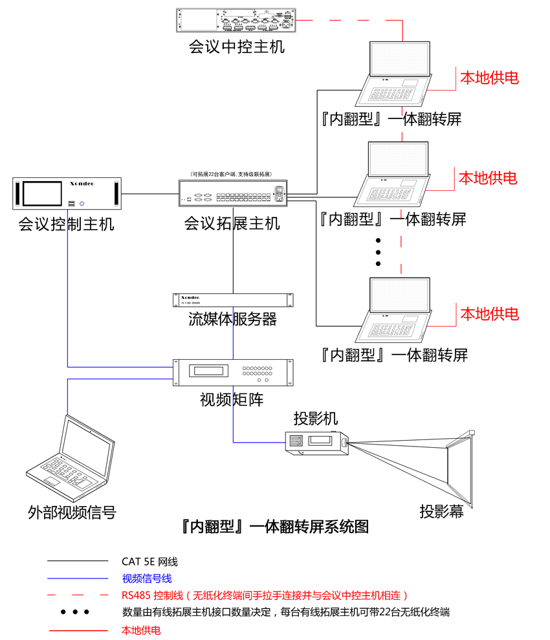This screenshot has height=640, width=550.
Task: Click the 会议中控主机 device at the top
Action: [236, 19]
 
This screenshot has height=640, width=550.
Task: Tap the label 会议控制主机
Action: [66, 225]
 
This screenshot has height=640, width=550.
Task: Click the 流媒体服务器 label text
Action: [232, 319]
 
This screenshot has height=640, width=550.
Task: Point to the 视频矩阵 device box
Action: [233, 371]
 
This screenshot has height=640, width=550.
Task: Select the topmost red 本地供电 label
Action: [489, 78]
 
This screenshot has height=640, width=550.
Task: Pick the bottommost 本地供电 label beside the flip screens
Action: [489, 314]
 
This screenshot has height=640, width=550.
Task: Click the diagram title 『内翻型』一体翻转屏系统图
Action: [276, 526]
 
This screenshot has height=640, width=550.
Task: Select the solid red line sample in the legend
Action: [78, 630]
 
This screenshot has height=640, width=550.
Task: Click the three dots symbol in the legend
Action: [75, 612]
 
